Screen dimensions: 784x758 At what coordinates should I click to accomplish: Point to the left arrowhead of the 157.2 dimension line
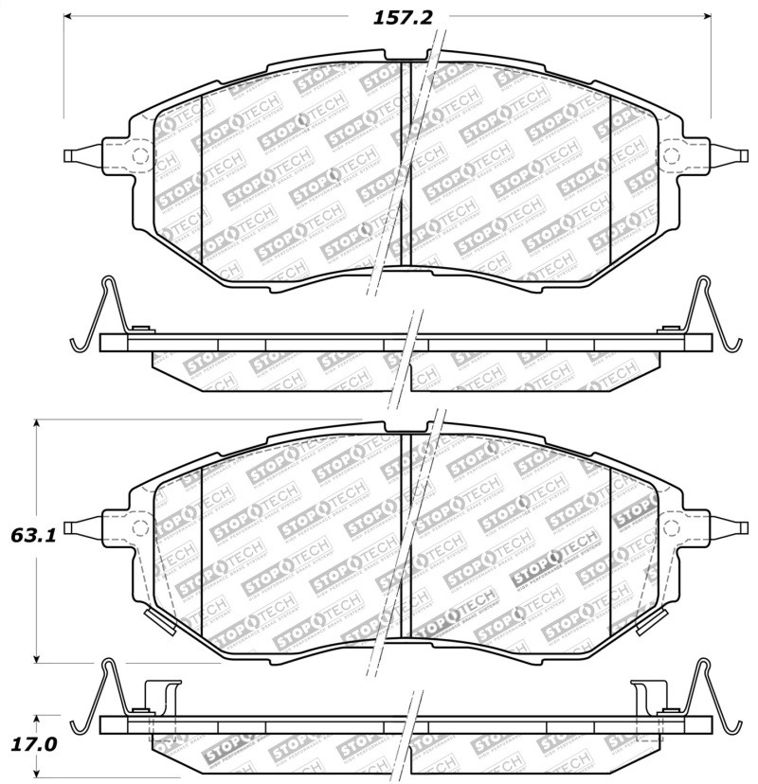(69, 16)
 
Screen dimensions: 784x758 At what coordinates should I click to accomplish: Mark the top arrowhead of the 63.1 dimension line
(36, 423)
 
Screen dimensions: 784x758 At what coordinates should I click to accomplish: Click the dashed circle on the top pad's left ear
(137, 156)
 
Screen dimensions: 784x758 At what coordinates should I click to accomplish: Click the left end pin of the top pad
(76, 156)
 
